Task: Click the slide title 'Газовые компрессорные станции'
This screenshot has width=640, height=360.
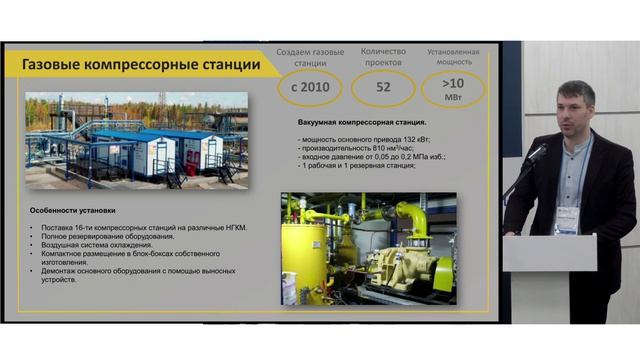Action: tap(141, 65)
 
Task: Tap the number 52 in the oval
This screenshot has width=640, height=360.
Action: tap(384, 88)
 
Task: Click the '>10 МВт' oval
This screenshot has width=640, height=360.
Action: tap(453, 88)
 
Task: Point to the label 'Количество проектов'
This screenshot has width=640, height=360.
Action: tap(384, 56)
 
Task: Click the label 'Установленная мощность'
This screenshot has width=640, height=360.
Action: tap(453, 56)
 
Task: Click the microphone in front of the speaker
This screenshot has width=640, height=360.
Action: tap(537, 152)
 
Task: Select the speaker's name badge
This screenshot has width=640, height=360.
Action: tap(567, 217)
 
